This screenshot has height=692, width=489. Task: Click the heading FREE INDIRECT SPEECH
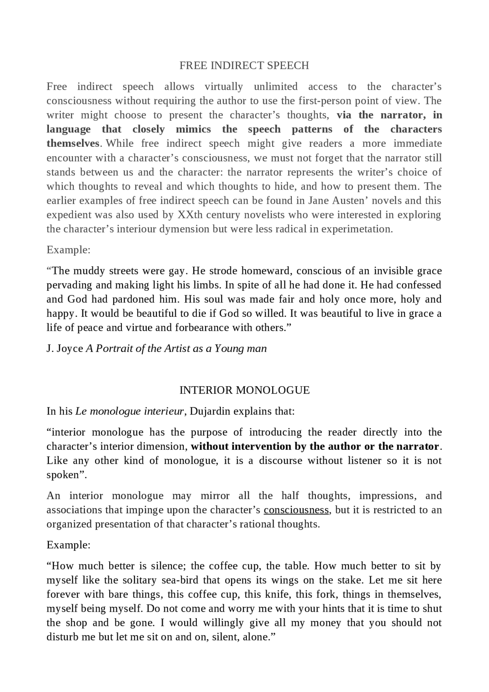click(x=244, y=66)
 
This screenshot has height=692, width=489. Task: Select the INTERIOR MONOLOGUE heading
click(x=244, y=390)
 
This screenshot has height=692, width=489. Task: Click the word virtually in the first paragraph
click(x=223, y=87)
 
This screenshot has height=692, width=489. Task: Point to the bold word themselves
click(x=73, y=143)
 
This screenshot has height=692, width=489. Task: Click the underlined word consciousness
click(x=296, y=510)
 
